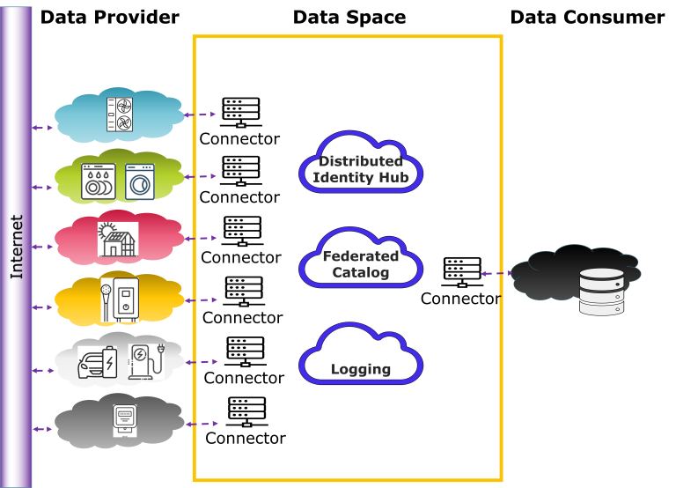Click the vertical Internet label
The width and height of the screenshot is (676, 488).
pos(17,247)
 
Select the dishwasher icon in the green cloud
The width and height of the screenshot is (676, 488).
pos(98,181)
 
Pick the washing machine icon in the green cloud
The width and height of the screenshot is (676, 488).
pos(139,181)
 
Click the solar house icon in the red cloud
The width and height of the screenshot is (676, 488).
pos(117,239)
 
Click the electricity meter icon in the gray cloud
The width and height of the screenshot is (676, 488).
pos(125,421)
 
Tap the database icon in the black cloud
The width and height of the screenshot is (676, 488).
pos(601,292)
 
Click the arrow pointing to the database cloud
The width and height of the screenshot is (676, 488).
pos(496,274)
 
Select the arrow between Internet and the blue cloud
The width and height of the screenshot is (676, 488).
pos(42,128)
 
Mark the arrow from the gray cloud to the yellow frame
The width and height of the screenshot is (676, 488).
pos(202,424)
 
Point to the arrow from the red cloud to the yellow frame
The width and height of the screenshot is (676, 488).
pos(202,238)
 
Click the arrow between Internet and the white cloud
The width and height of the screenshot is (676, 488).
pos(42,371)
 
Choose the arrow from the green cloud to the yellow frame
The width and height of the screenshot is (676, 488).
pos(202,176)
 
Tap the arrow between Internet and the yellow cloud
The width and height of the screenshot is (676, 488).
pos(42,307)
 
